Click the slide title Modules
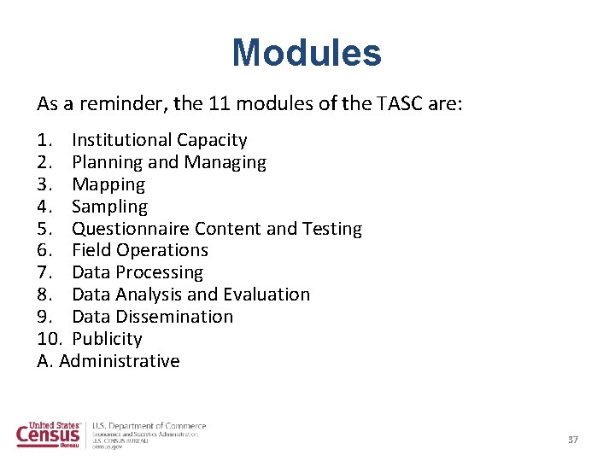pyautogui.click(x=307, y=53)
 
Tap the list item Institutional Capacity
pyautogui.click(x=160, y=140)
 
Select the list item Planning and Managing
pyautogui.click(x=169, y=162)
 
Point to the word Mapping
pyautogui.click(x=108, y=184)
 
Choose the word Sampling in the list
pyautogui.click(x=109, y=207)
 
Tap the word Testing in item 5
pyautogui.click(x=331, y=229)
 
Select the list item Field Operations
pyautogui.click(x=140, y=250)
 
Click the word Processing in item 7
pyautogui.click(x=160, y=272)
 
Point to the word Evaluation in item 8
pyautogui.click(x=266, y=295)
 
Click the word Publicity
pyautogui.click(x=107, y=339)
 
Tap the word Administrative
pyautogui.click(x=120, y=361)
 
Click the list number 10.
pyautogui.click(x=48, y=339)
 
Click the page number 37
pyautogui.click(x=573, y=440)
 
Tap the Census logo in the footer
pyautogui.click(x=49, y=434)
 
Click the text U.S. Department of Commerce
pyautogui.click(x=149, y=425)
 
